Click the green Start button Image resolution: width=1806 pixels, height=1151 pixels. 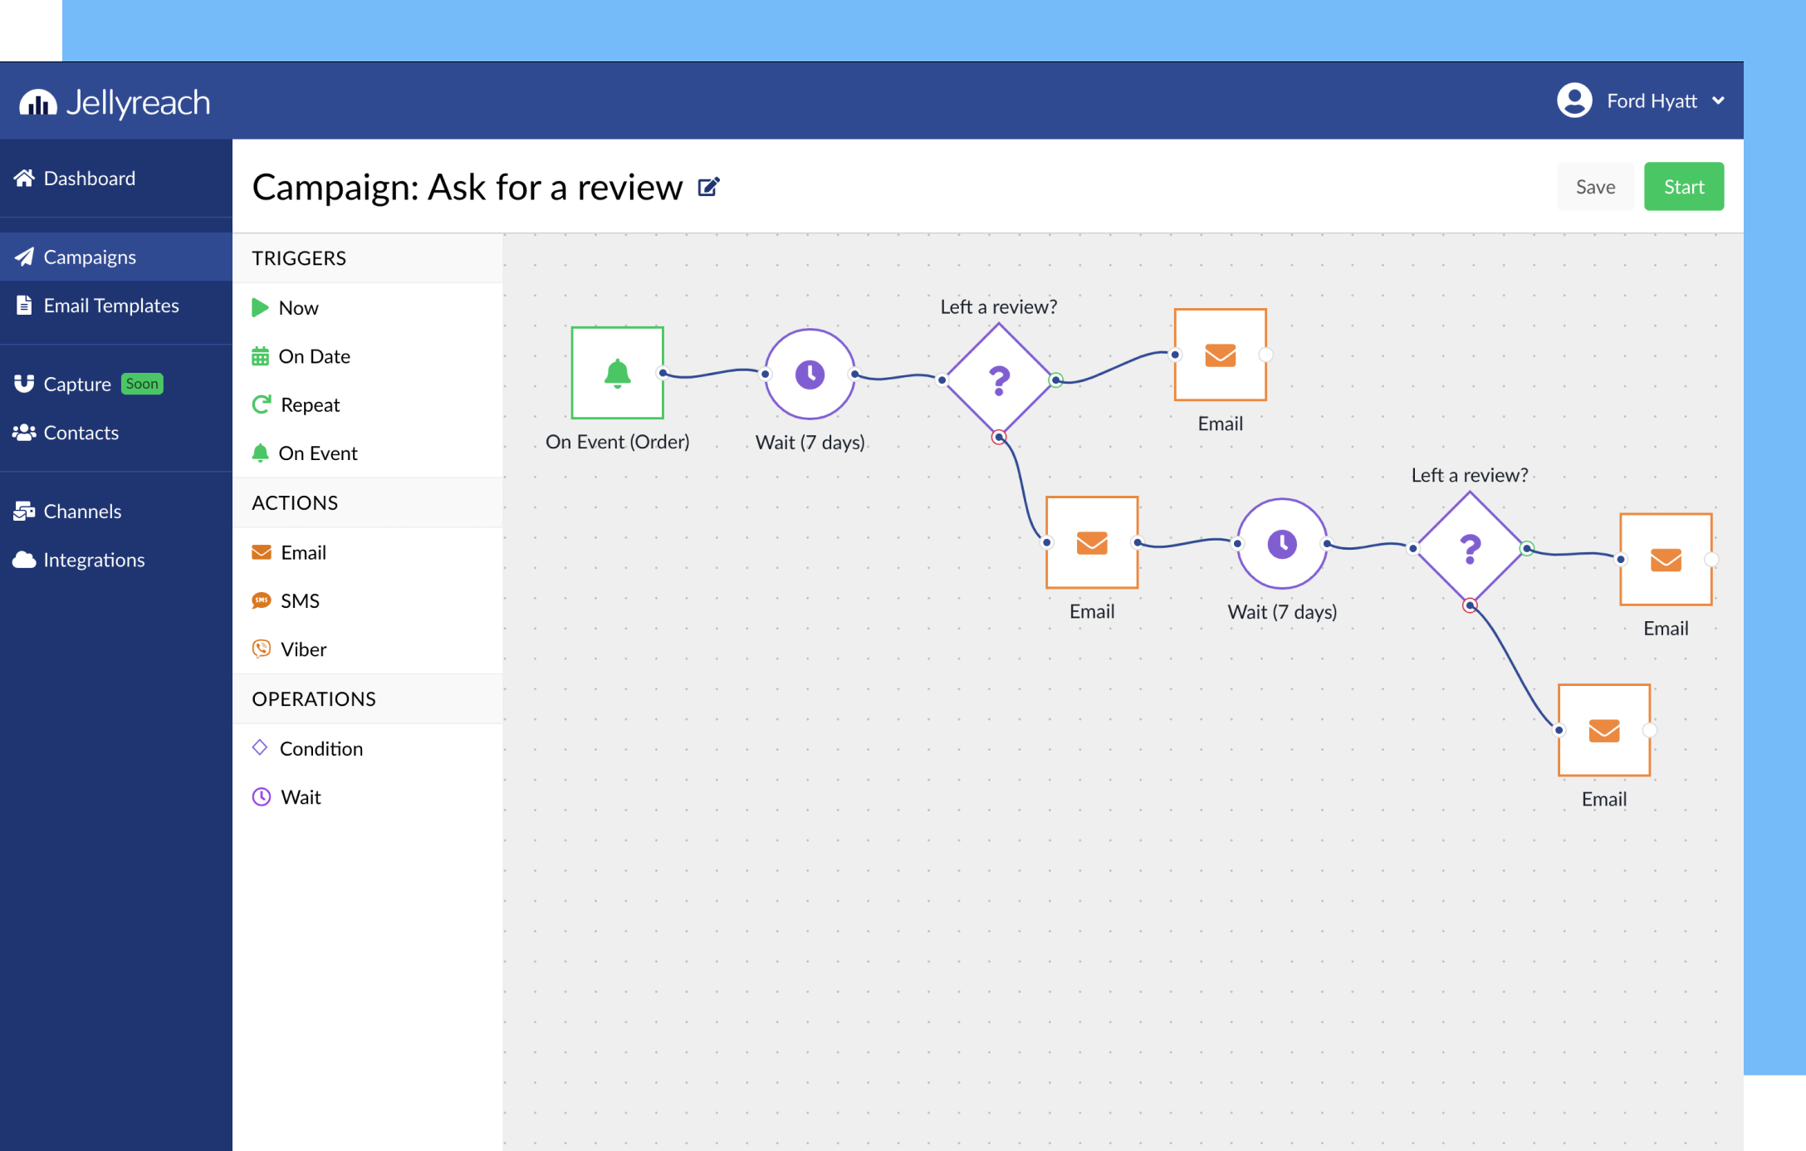click(1683, 187)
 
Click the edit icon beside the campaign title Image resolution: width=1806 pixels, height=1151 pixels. click(708, 187)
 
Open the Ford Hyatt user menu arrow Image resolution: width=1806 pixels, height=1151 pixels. click(1718, 101)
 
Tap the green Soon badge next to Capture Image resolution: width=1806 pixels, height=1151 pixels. click(142, 384)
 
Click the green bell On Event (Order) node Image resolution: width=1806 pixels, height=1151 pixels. click(617, 373)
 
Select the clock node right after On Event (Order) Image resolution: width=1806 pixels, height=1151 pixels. click(810, 375)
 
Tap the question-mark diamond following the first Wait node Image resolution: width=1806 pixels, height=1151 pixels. click(999, 380)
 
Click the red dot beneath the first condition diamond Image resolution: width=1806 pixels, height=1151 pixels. click(999, 437)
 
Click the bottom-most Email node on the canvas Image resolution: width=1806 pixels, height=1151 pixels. click(1603, 730)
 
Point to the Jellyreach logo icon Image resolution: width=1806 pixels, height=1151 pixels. click(38, 102)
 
